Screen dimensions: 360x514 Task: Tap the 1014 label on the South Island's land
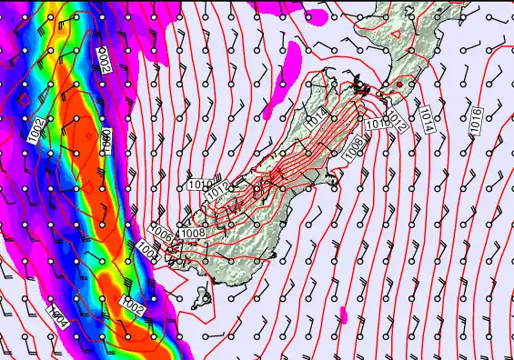(316, 115)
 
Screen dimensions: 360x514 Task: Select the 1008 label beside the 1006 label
(192, 234)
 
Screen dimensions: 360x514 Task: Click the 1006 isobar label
(161, 233)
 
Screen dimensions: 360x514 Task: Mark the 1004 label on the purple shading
(58, 317)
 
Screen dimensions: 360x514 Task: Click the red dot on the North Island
(398, 84)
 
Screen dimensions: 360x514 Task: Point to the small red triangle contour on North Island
(397, 32)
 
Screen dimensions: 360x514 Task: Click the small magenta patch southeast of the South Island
(345, 315)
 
